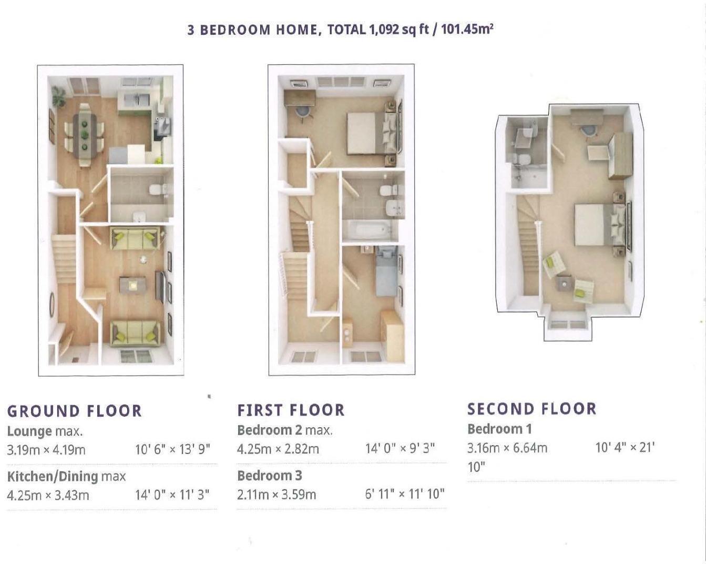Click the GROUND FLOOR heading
click(x=74, y=411)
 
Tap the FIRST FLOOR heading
click(x=291, y=410)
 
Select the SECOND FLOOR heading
click(x=531, y=409)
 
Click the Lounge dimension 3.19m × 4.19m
click(x=46, y=450)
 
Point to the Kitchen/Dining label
click(x=53, y=477)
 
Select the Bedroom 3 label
click(x=269, y=476)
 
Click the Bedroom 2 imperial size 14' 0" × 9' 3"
click(x=400, y=449)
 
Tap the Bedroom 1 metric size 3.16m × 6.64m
click(x=507, y=448)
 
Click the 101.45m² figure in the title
click(x=467, y=29)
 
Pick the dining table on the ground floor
click(x=85, y=135)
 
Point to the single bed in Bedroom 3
click(x=386, y=271)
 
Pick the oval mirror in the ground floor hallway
click(x=52, y=305)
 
